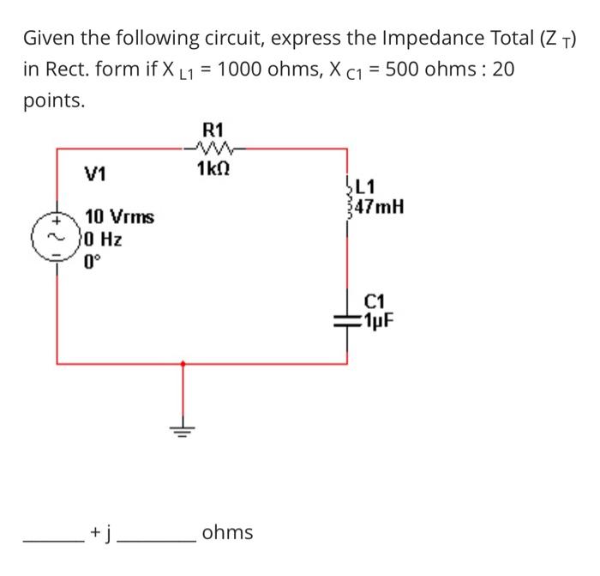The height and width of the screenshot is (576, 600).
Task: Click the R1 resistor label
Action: click(212, 130)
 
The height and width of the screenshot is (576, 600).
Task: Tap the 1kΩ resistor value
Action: click(212, 167)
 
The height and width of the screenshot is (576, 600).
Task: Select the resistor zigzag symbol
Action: click(212, 148)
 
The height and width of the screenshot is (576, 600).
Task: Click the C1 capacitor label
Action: click(375, 302)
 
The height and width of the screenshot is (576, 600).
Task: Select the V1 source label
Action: click(96, 175)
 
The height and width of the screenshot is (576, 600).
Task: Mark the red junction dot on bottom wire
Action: click(182, 364)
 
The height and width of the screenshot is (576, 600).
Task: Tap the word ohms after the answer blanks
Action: click(227, 533)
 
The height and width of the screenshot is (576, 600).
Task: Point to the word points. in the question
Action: click(54, 101)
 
